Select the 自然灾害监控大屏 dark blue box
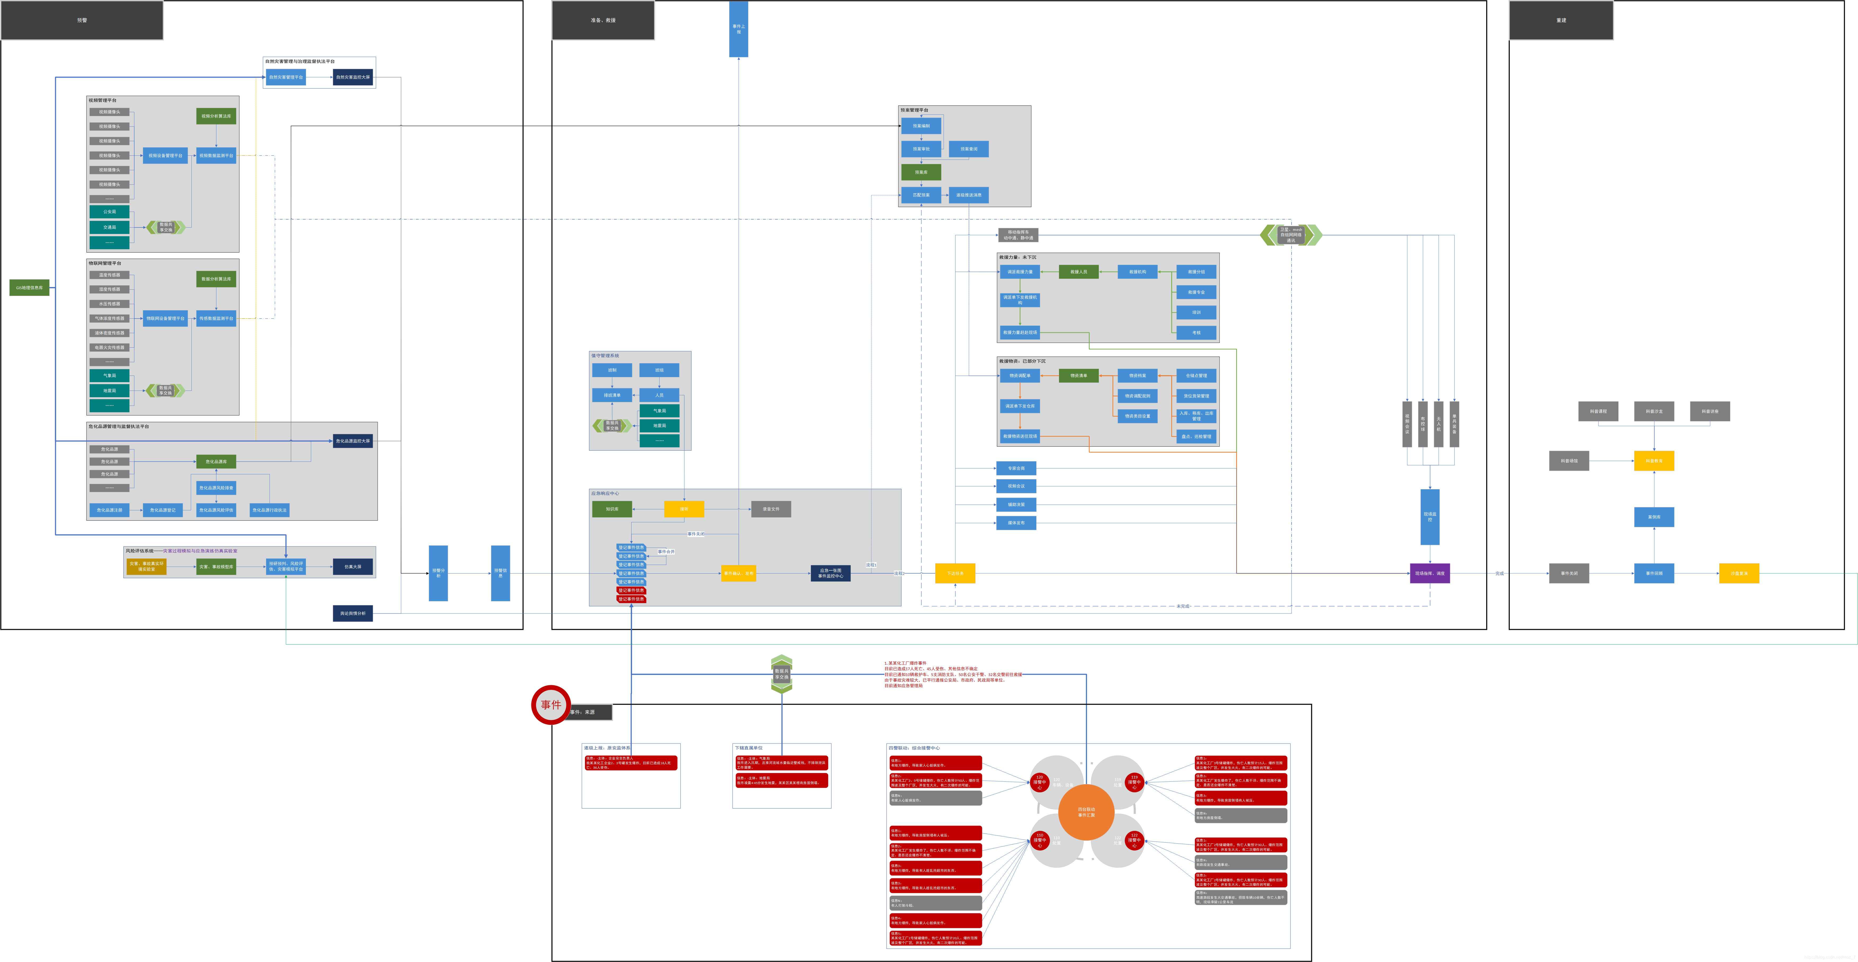353,77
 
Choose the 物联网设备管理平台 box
165,318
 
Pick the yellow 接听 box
684,509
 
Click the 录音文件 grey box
771,509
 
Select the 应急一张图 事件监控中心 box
830,573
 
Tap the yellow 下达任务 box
955,573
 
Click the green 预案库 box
921,172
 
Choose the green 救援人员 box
1078,272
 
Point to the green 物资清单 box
1078,376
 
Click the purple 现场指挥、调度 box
1430,573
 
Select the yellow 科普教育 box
1654,461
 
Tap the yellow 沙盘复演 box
1739,573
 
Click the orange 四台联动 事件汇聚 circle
1086,812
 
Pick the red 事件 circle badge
551,705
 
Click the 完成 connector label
1499,573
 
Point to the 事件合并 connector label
666,552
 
